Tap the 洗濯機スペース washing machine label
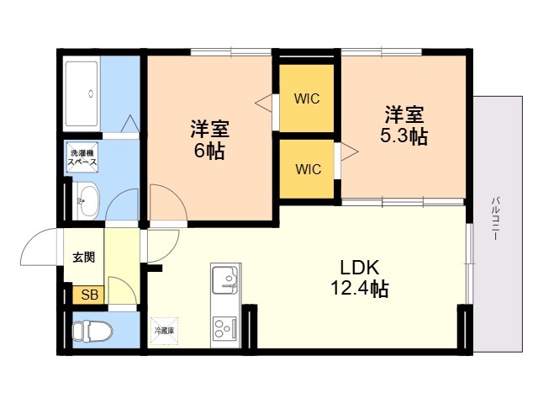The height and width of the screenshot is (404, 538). pyautogui.click(x=83, y=157)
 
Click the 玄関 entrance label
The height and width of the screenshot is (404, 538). pyautogui.click(x=82, y=258)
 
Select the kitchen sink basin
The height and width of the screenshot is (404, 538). pyautogui.click(x=225, y=279)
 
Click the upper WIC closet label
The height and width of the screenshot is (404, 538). pyautogui.click(x=307, y=98)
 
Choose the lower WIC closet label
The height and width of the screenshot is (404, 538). pyautogui.click(x=307, y=168)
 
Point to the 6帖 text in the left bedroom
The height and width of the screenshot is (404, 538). pyautogui.click(x=209, y=152)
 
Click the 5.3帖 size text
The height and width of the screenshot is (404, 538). pyautogui.click(x=404, y=136)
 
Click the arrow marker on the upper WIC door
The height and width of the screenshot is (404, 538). pyautogui.click(x=265, y=104)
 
